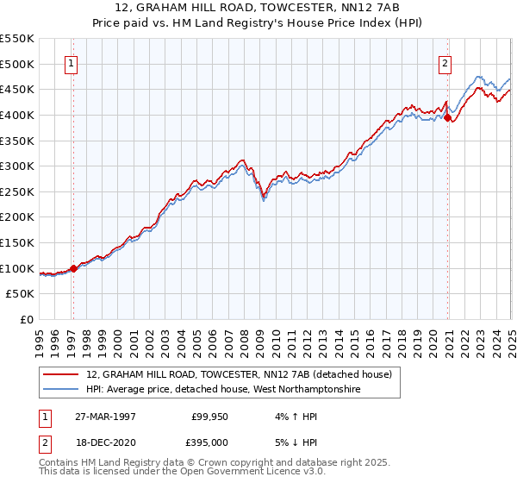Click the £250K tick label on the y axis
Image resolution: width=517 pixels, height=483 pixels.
17,191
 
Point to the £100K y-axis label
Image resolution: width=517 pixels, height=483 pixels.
17,268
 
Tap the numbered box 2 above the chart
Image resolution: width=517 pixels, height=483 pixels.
445,62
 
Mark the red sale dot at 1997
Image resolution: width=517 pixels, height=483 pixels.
73,268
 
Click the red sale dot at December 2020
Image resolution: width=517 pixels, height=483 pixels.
448,118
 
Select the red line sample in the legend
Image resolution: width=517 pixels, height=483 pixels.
61,374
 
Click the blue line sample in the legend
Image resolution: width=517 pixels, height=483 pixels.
61,390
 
